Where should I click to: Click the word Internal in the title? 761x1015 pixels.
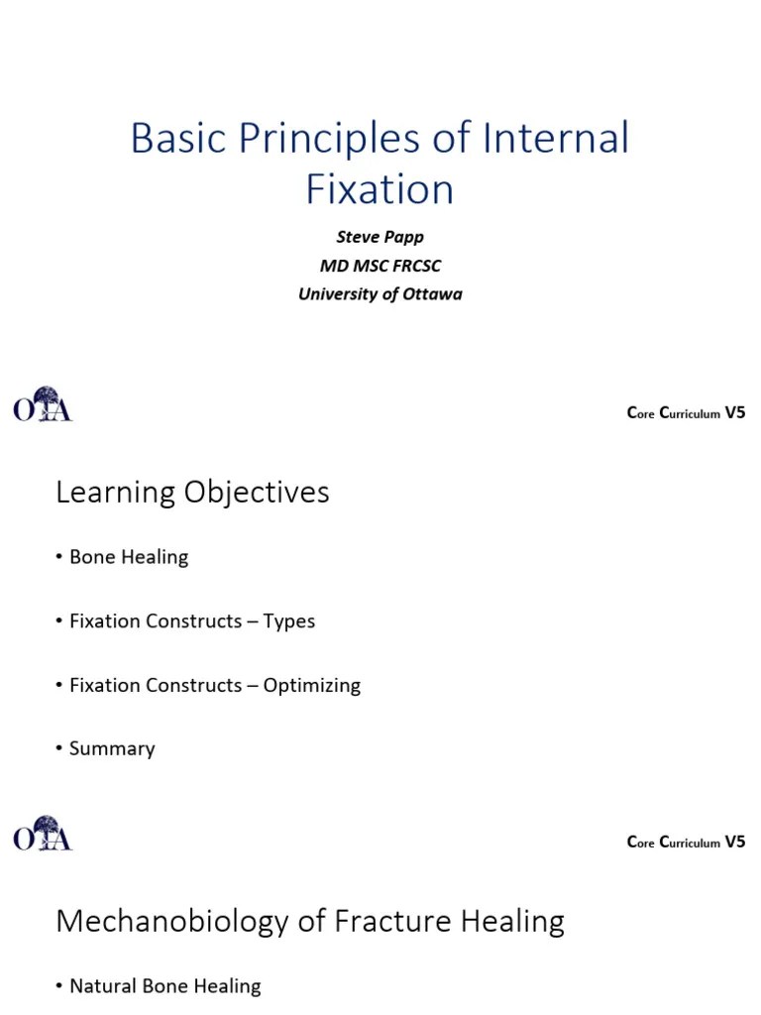click(x=556, y=139)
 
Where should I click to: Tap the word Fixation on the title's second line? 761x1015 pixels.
click(x=380, y=189)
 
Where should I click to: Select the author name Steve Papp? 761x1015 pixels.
click(x=380, y=238)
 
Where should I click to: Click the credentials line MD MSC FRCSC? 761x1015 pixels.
click(x=380, y=266)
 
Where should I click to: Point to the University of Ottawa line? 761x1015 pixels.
click(x=380, y=293)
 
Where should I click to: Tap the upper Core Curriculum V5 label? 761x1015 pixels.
click(x=686, y=413)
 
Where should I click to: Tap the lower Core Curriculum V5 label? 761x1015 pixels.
click(x=686, y=843)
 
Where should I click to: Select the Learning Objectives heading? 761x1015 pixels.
click(x=192, y=493)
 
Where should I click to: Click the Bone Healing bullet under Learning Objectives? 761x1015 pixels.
click(x=128, y=557)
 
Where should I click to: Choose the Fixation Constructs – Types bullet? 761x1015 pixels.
click(x=191, y=621)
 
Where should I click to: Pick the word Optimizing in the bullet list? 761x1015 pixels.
click(x=311, y=686)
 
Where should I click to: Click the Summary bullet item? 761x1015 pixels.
click(x=112, y=748)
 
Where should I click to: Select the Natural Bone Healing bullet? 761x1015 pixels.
click(x=164, y=986)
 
